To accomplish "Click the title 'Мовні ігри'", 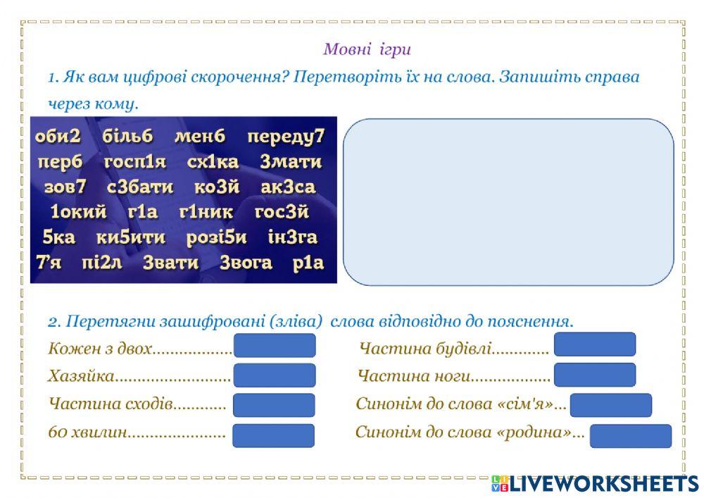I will click(x=366, y=49).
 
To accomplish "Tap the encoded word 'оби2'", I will click(x=58, y=136).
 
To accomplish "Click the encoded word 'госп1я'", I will click(x=135, y=162).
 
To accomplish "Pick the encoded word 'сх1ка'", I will click(x=213, y=162).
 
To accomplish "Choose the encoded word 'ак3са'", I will click(x=288, y=187).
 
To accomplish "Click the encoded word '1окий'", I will click(x=78, y=212).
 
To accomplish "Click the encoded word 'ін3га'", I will click(x=293, y=237).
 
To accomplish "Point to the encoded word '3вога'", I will click(x=246, y=263).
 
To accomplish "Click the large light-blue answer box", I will click(x=508, y=201).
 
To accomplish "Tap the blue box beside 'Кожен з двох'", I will click(x=275, y=346).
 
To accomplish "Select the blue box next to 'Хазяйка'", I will click(x=275, y=375).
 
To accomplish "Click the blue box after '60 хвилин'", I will click(x=273, y=435).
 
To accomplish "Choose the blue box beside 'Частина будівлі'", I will click(x=595, y=344).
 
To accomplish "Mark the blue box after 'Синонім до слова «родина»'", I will click(x=630, y=436).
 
